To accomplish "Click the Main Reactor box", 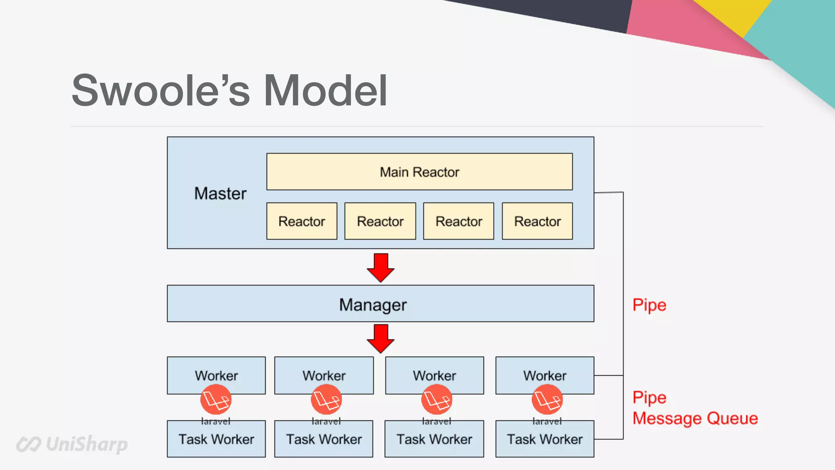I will [419, 172].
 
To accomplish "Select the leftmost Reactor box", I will [302, 221].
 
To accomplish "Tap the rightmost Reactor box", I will [537, 221].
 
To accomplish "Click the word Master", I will [220, 193].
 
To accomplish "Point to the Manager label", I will [373, 305].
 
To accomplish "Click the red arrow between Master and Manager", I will [380, 268].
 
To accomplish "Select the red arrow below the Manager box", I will [380, 338].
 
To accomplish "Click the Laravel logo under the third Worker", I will [437, 399].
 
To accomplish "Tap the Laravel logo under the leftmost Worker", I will [216, 399].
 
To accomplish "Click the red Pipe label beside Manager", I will [649, 305].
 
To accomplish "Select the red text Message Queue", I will [695, 419].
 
